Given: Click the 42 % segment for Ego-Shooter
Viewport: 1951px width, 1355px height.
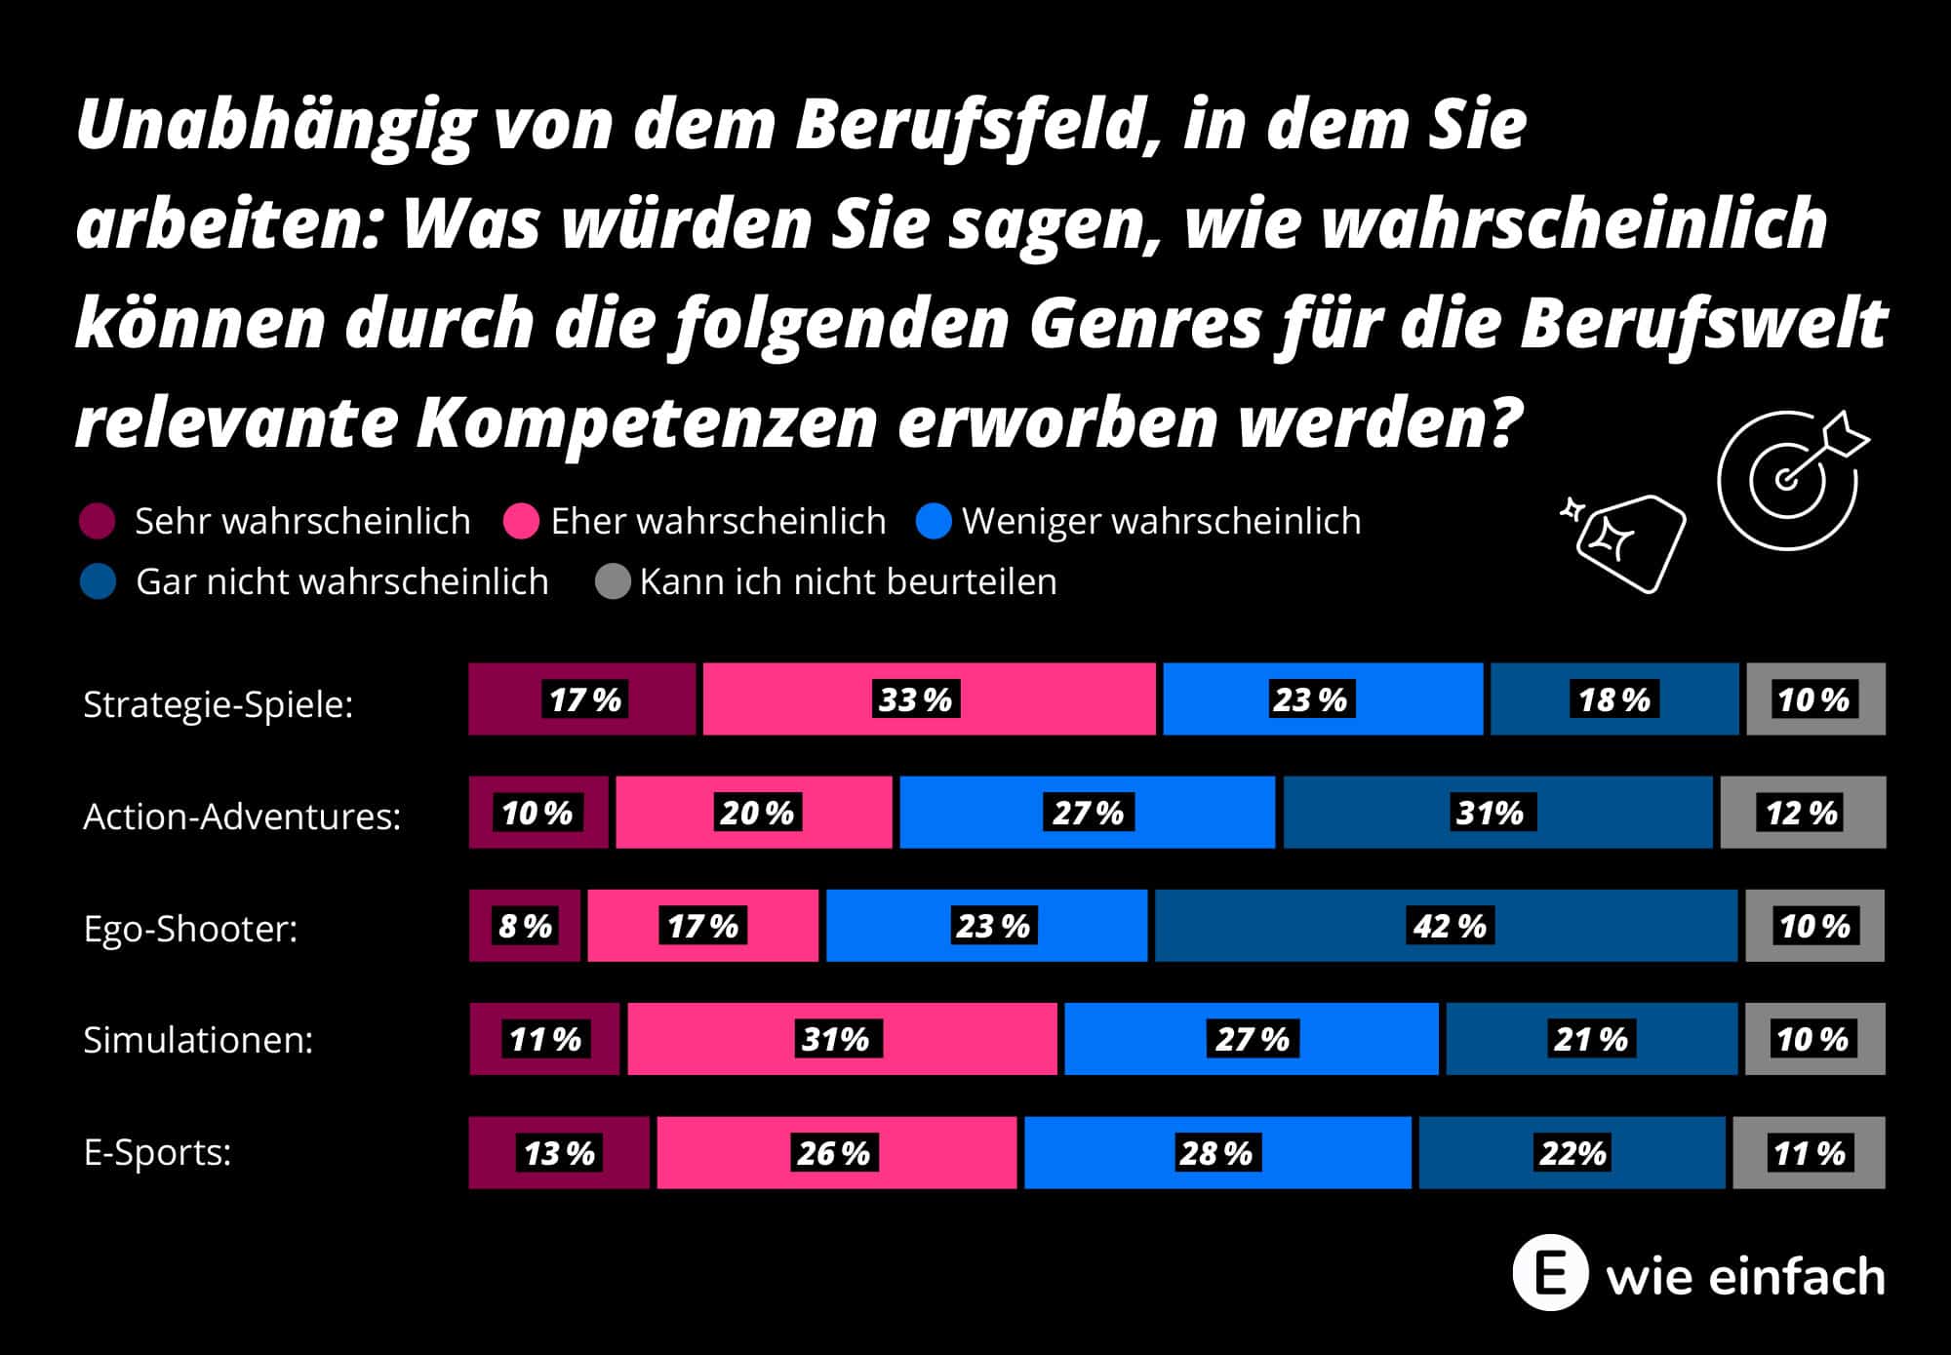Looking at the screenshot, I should point(1446,925).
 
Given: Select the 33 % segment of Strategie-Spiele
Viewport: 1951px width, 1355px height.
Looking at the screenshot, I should point(929,698).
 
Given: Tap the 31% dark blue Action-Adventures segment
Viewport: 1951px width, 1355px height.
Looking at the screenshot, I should point(1497,812).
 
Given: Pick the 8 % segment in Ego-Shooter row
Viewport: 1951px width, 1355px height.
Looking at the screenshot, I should point(525,925).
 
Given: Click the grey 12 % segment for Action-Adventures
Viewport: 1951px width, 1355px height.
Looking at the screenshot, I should point(1803,812).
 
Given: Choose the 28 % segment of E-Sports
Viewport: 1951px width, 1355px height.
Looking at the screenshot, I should point(1216,1152).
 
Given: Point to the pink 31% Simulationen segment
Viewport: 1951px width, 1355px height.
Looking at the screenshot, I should point(841,1038).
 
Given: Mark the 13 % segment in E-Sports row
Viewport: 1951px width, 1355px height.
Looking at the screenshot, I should point(559,1152).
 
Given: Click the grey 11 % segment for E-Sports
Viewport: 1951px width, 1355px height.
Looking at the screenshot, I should point(1809,1152).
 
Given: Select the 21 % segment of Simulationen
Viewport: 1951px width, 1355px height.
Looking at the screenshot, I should point(1591,1038).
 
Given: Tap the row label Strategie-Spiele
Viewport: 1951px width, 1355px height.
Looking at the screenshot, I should point(218,703).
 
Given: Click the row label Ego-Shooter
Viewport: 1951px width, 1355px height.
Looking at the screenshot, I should point(190,928).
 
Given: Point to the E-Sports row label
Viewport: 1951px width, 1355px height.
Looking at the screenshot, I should point(157,1152).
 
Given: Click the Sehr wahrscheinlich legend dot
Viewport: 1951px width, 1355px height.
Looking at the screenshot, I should point(98,521).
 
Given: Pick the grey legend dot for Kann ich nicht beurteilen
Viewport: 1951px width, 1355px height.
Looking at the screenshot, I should point(613,582).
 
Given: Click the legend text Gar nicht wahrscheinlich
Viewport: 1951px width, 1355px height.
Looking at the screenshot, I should point(341,582).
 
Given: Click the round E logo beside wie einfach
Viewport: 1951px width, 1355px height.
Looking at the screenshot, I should point(1550,1273).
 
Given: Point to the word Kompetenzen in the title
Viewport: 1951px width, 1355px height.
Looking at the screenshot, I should point(647,421).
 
